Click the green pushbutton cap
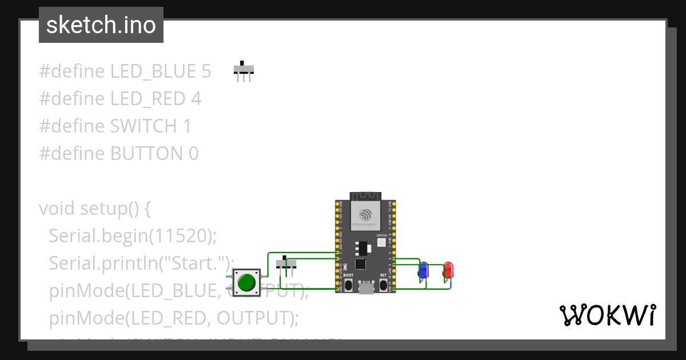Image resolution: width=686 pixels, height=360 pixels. [246, 283]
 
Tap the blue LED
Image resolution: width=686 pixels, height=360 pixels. [423, 270]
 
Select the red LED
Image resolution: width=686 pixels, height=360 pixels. [448, 270]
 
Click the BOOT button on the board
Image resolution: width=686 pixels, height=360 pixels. [348, 284]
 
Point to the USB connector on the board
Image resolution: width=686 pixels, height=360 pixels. [366, 288]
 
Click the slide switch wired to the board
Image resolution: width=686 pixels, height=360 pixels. [286, 263]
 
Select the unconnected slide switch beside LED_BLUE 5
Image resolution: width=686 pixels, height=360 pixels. [244, 70]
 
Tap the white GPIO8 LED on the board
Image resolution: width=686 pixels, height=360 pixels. [382, 242]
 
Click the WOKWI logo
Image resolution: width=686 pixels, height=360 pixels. [607, 315]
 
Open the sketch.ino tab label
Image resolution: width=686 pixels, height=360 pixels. [101, 25]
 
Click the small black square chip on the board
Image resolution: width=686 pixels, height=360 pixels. [360, 264]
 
